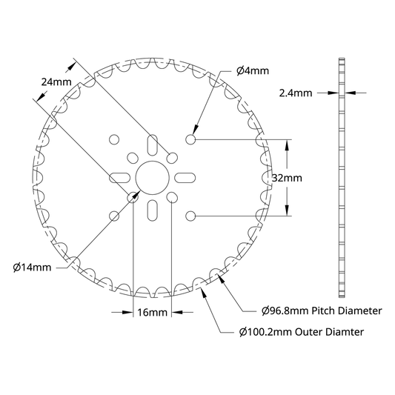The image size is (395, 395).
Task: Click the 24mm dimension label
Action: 56,82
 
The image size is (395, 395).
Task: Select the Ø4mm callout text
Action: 253,71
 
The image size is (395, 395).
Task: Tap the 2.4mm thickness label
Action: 296,93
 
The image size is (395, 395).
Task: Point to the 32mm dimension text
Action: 287,178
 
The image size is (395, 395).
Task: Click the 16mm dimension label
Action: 152,313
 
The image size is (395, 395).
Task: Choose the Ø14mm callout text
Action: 32,268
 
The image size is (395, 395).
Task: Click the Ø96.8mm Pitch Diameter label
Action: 322,311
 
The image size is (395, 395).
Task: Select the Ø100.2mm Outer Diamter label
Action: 302,332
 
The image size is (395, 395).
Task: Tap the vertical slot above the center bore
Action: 153,145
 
